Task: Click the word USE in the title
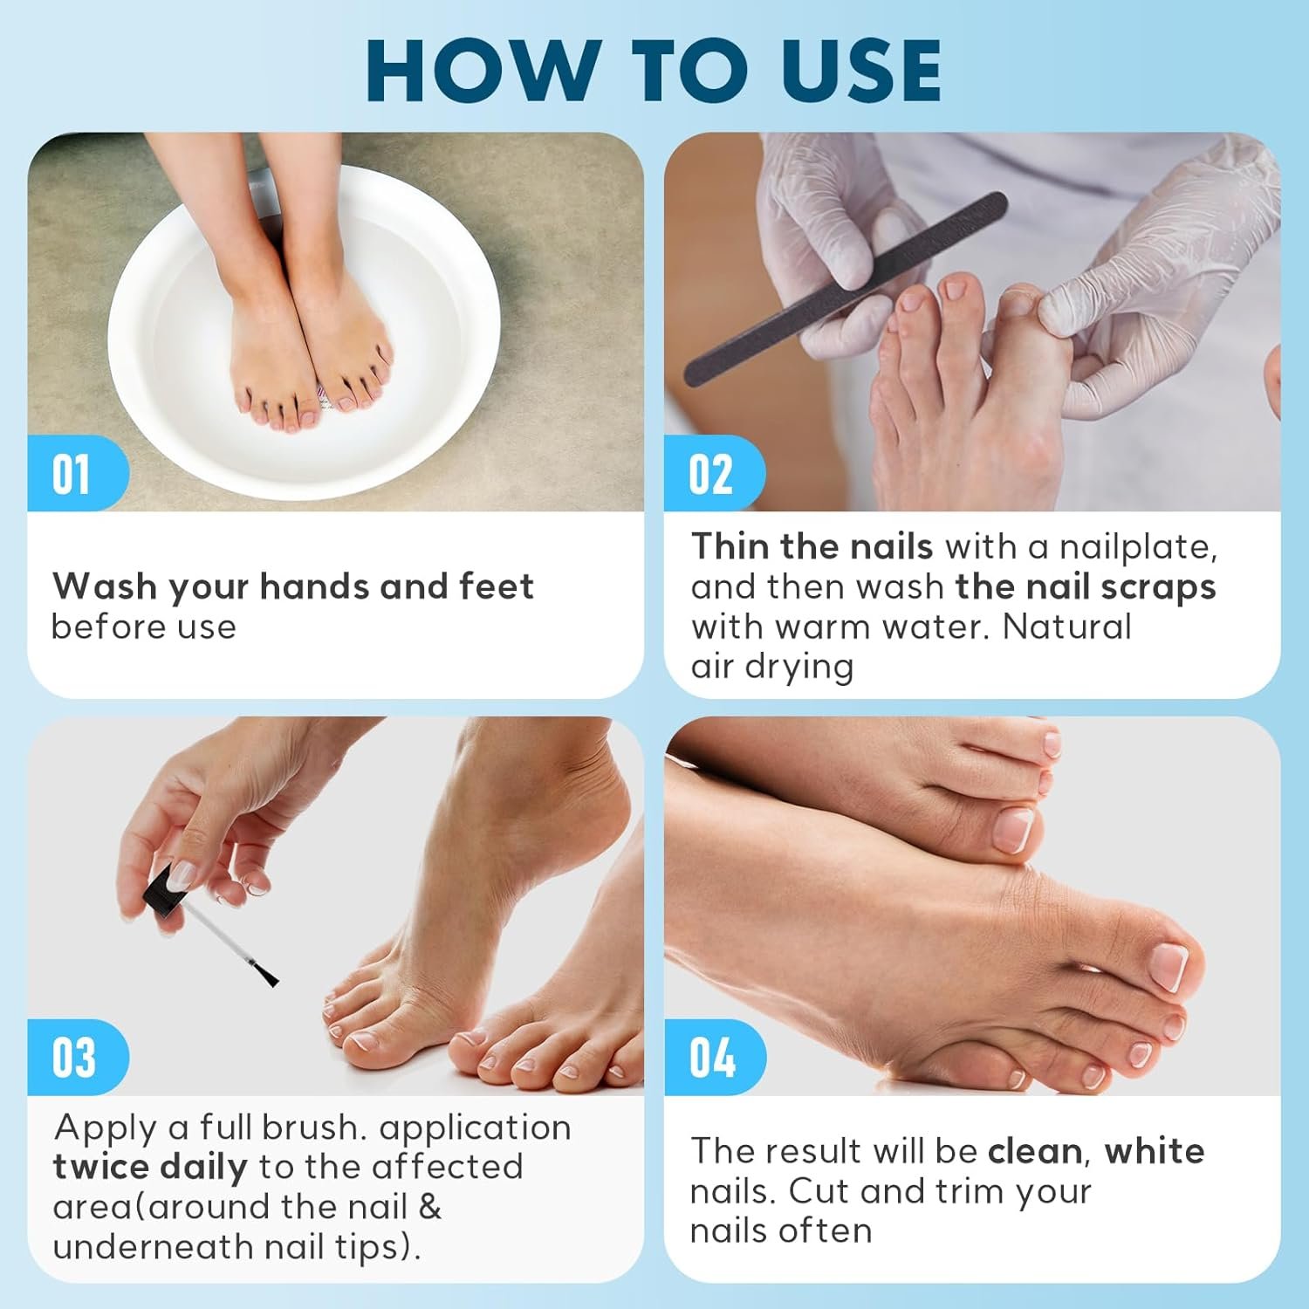(x=860, y=72)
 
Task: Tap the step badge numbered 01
(x=72, y=474)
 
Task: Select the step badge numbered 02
(x=710, y=474)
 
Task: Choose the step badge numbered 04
(x=711, y=1057)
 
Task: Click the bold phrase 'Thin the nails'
(x=812, y=547)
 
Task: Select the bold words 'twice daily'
(x=149, y=1167)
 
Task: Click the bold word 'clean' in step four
(x=1035, y=1151)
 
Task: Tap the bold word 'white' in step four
(x=1155, y=1151)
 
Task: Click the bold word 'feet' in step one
(x=496, y=586)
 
